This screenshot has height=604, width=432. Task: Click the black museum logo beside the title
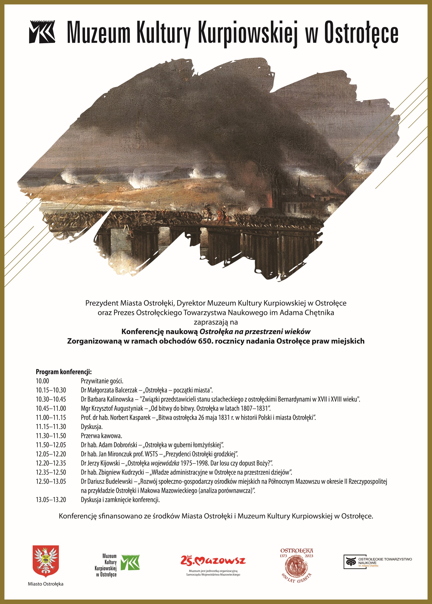point(42,32)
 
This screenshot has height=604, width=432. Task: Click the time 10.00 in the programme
point(43,381)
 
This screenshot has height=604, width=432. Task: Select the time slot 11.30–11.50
point(51,436)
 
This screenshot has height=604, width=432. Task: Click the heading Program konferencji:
point(64,372)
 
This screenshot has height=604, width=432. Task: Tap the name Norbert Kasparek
point(130,417)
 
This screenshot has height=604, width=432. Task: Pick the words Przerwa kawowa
point(101,436)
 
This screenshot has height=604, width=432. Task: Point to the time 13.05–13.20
point(51,500)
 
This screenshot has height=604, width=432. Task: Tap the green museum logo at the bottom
point(130,562)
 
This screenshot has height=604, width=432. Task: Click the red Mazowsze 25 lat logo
point(213,560)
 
